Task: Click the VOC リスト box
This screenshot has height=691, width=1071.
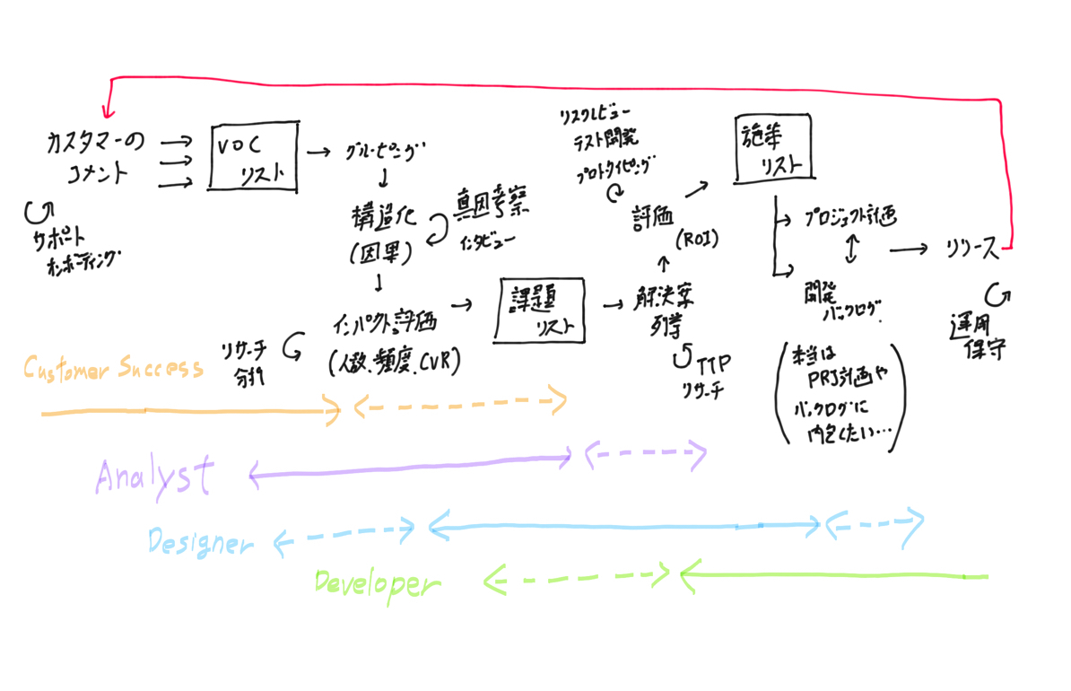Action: [253, 156]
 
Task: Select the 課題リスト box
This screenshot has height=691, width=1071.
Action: [539, 310]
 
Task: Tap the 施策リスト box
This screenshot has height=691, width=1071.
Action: [772, 149]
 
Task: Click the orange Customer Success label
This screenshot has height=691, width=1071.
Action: [113, 368]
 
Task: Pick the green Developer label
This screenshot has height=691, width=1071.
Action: [377, 584]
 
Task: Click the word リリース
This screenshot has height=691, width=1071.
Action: [971, 249]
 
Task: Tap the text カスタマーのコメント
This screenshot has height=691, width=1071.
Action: [100, 157]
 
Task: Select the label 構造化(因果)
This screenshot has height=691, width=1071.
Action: [381, 233]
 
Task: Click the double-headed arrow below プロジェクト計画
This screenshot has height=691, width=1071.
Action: [850, 248]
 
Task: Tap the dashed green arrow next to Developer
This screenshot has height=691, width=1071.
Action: [579, 578]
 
